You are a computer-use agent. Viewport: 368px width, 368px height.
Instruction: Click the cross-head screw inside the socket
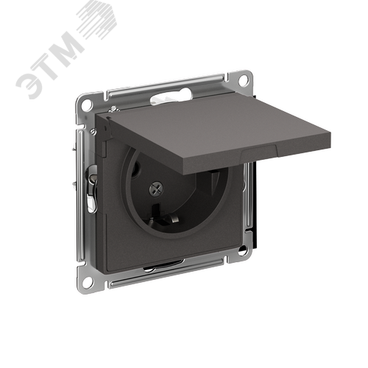point(156,188)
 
